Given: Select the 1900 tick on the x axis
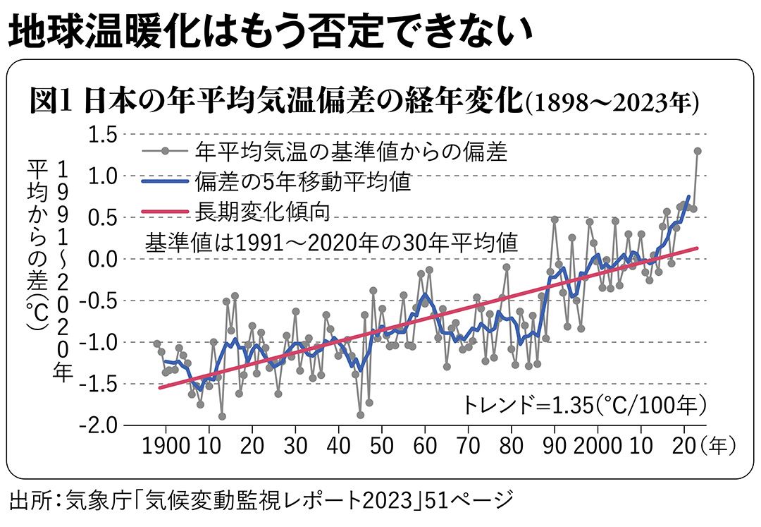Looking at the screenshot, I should pyautogui.click(x=166, y=446).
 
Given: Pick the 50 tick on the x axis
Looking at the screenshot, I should pyautogui.click(x=382, y=446).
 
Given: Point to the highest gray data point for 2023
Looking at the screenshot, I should pyautogui.click(x=698, y=151).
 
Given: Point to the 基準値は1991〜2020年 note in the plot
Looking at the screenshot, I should pyautogui.click(x=331, y=242).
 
